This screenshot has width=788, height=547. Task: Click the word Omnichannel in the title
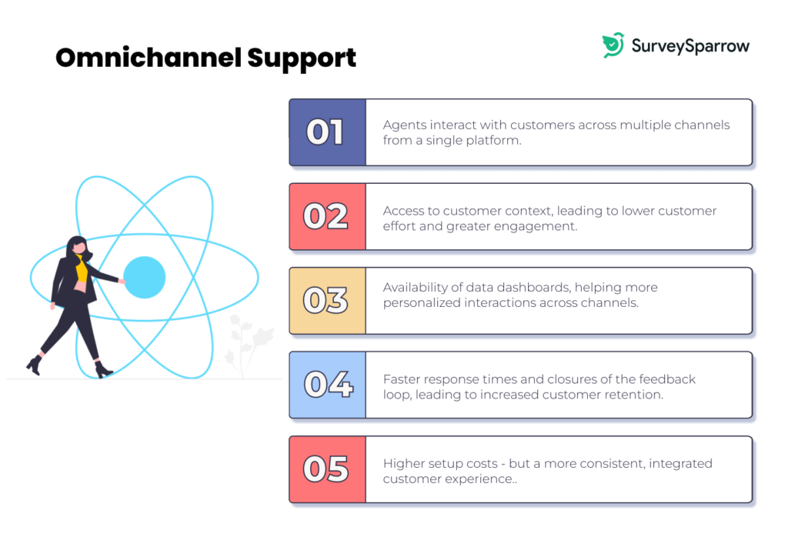click(x=149, y=57)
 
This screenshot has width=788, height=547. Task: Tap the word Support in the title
click(x=302, y=59)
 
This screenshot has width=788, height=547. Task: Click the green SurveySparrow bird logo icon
click(x=613, y=45)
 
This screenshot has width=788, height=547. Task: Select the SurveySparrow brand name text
click(x=690, y=46)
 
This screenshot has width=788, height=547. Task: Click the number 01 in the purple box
click(x=325, y=132)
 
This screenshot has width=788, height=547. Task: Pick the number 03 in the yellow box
click(x=326, y=300)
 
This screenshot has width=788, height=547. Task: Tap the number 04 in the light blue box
click(x=328, y=385)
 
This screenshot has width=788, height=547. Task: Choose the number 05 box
click(x=327, y=469)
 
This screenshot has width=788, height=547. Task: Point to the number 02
click(x=326, y=216)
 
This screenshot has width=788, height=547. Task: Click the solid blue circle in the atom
click(x=144, y=277)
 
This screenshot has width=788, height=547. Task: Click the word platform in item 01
click(x=493, y=141)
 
